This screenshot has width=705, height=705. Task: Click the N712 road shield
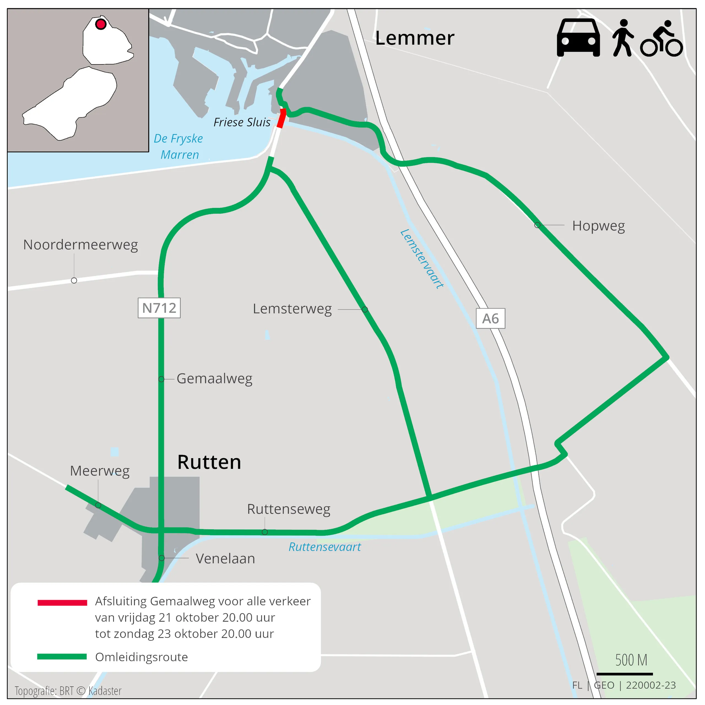click(159, 308)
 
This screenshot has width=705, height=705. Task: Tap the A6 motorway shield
click(490, 319)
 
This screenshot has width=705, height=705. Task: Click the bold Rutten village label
click(209, 462)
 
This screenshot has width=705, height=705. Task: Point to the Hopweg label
click(598, 226)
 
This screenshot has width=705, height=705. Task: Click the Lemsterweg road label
click(292, 309)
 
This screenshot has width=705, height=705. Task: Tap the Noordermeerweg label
click(81, 245)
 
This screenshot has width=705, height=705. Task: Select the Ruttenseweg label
click(289, 509)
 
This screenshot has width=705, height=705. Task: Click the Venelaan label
click(225, 558)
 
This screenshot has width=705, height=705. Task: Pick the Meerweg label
click(100, 471)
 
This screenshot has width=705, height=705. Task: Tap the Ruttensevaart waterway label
click(324, 547)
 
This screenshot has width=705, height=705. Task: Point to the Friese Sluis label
click(242, 122)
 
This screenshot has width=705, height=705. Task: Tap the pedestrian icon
click(623, 38)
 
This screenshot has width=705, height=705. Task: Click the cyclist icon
click(661, 39)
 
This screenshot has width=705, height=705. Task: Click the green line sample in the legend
click(62, 657)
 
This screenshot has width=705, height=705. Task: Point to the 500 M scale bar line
click(624, 674)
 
